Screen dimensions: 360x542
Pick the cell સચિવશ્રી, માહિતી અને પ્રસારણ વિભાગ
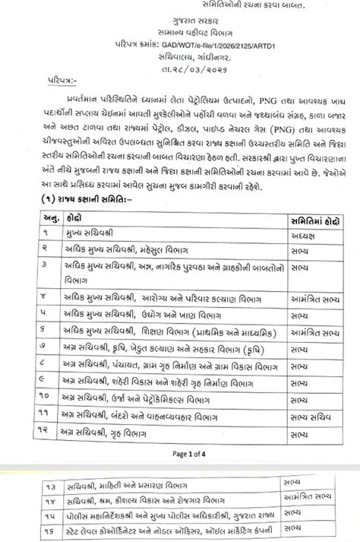coord(106,486)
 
